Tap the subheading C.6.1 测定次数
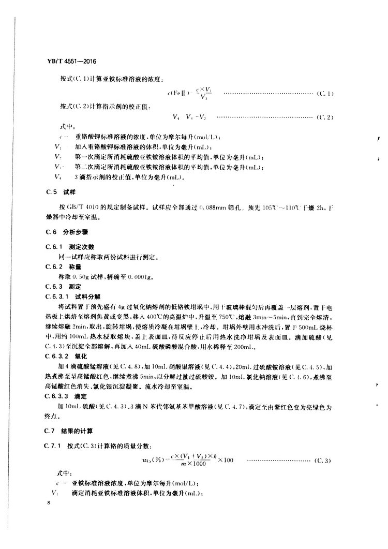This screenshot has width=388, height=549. click(x=69, y=247)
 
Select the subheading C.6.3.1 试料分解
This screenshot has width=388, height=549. click(x=71, y=296)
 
